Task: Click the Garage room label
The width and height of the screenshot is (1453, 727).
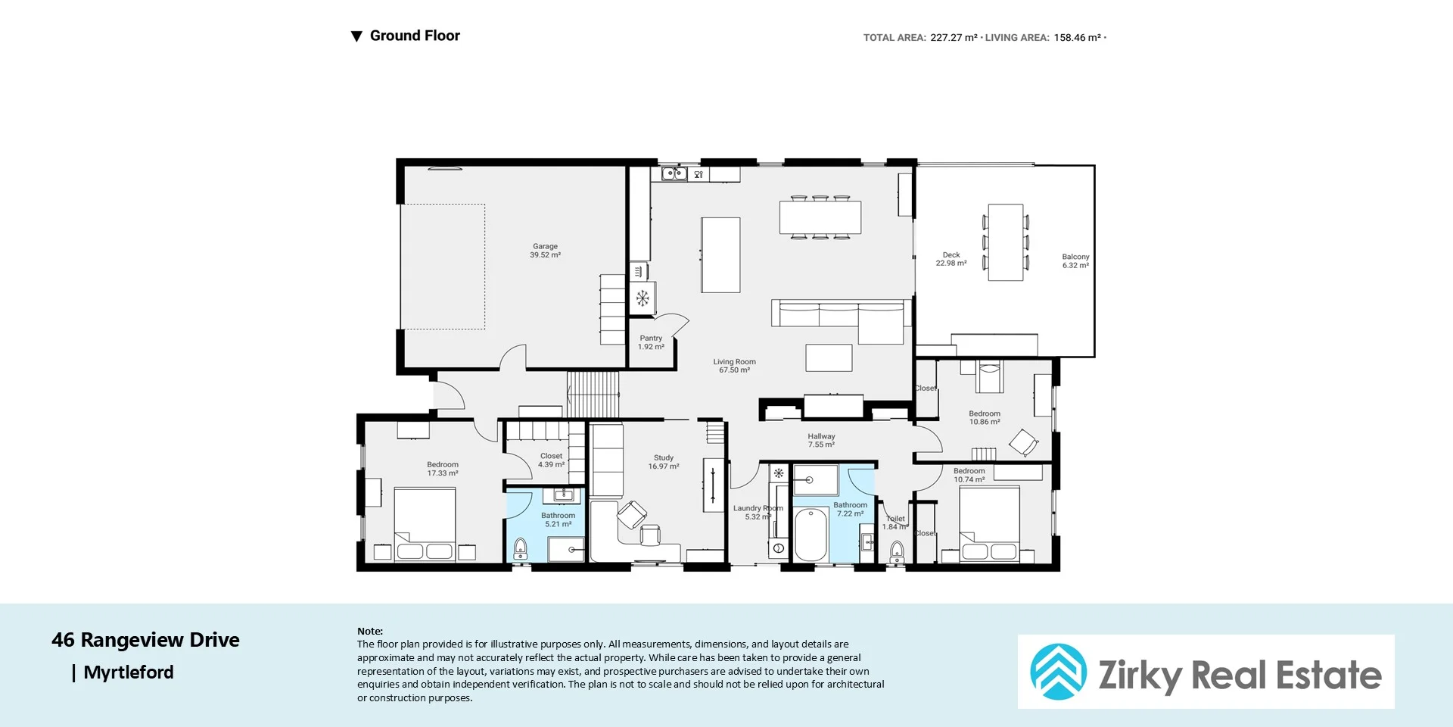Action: pos(545,251)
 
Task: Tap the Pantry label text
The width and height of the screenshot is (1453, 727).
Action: pos(651,339)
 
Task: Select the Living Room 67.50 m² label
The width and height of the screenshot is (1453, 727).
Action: pos(734,366)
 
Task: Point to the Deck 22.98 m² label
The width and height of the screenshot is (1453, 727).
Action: pos(951,259)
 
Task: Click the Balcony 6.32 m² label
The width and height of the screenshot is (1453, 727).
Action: pos(1075,261)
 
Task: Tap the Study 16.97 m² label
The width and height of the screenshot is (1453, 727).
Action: pos(664,462)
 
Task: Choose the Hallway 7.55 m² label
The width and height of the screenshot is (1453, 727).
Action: pos(821,440)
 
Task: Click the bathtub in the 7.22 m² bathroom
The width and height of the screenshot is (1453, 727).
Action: pos(811,535)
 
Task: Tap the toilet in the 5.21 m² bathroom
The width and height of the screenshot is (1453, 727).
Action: pos(521,548)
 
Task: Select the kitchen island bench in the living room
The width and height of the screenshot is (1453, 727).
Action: pos(720,255)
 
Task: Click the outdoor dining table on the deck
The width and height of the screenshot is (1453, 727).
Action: pos(1006,242)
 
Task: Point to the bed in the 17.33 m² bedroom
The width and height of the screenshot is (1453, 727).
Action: pos(425,524)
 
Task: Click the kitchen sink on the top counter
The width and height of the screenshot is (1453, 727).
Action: pos(674,174)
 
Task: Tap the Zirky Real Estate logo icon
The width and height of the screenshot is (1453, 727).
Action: pos(1058,672)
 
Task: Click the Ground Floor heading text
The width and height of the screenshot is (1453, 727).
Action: pos(415,36)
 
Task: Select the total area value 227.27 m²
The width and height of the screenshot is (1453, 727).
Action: pos(954,37)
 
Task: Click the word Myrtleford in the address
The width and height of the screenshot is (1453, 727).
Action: pos(129,672)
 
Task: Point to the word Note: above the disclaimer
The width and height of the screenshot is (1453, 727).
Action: pos(370,631)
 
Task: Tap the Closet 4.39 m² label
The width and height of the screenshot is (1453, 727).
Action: pos(551,460)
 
